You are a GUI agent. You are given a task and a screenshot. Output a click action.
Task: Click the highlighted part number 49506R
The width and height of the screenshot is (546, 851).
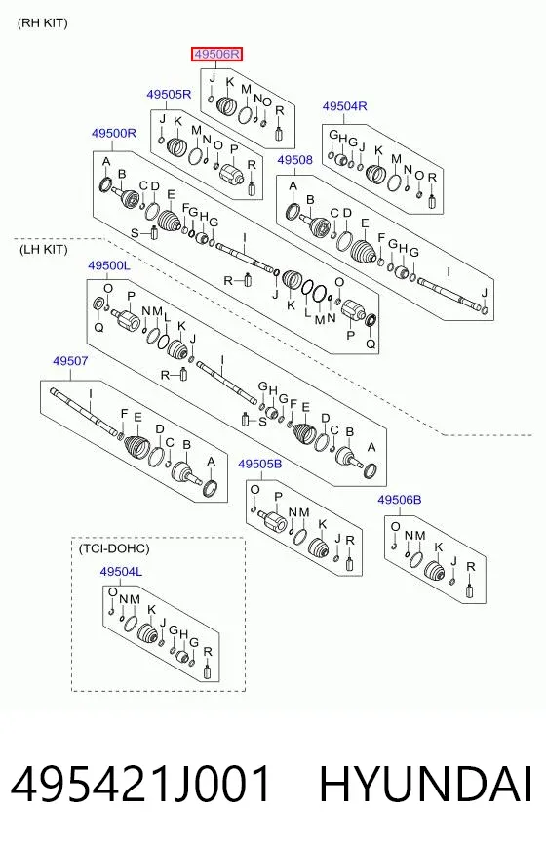point(216,54)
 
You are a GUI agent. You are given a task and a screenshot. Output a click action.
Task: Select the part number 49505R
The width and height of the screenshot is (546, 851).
point(169,95)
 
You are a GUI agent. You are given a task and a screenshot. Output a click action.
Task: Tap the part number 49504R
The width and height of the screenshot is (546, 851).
point(344,106)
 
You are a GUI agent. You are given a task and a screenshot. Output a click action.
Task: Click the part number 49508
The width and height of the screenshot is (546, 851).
point(295,160)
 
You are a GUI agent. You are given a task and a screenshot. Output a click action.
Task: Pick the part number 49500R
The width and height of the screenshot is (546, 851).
point(114,133)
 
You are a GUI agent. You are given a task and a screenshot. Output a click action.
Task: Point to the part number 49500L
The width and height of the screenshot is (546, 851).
point(109,265)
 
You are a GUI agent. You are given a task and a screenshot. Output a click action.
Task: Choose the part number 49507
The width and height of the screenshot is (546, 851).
point(70,360)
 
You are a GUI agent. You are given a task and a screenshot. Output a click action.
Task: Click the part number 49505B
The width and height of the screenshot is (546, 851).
point(260,464)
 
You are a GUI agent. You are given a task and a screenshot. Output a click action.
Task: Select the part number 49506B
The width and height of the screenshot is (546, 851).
point(400,500)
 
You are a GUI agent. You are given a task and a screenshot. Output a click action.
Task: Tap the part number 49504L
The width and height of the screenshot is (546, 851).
point(121,572)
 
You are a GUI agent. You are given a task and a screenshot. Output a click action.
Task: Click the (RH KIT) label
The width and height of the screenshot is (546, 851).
point(43,23)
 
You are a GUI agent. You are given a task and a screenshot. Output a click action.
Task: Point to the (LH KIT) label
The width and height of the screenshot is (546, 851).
point(43,250)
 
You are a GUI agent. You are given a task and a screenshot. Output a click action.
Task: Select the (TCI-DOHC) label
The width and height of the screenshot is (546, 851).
point(114,548)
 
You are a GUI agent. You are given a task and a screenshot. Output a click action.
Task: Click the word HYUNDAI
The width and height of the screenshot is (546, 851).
point(427,785)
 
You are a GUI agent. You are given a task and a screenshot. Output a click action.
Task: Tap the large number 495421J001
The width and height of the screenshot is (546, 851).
point(140,785)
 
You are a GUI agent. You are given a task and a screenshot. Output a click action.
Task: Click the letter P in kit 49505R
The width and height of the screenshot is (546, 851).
point(234,149)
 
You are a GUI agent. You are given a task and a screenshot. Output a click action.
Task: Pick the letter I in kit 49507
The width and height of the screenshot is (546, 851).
point(91,395)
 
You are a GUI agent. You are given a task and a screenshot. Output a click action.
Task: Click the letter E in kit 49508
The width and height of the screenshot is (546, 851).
point(365,223)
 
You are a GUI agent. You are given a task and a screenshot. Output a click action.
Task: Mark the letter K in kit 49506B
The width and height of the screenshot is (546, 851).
point(439,547)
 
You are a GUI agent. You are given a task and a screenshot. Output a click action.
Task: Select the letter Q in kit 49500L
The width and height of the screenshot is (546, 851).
point(98,327)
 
